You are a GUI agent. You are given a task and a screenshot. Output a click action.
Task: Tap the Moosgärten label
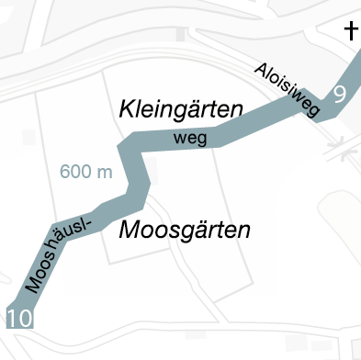[186, 230]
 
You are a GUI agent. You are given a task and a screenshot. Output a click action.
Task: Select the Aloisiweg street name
[288, 90]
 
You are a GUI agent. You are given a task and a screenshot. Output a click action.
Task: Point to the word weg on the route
[190, 138]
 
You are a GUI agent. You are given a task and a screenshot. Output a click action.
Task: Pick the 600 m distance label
[85, 172]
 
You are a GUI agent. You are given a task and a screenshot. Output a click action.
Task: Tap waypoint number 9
[340, 93]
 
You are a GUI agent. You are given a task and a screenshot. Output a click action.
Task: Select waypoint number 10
[20, 319]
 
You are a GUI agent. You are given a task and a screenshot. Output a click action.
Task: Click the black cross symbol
[350, 32]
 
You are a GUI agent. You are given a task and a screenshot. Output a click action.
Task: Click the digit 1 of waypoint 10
[13, 319]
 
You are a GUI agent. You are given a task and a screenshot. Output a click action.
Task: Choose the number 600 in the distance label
[75, 172]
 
